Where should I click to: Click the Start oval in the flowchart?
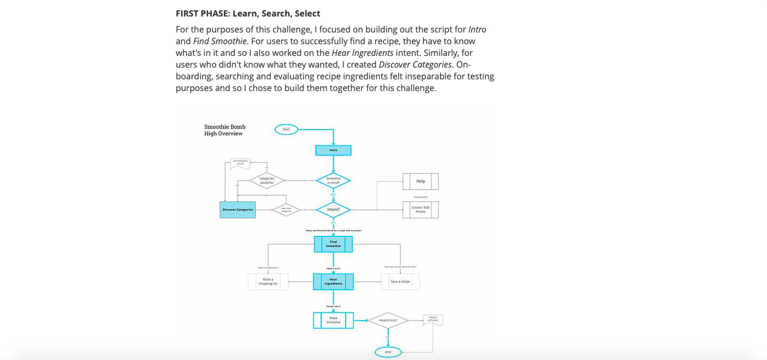[x=286, y=129]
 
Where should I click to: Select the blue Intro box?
[x=333, y=150]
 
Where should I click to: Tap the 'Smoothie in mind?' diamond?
[x=333, y=181]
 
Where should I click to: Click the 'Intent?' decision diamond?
[x=333, y=210]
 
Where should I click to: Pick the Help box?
[x=421, y=181]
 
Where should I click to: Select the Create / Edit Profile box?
[x=421, y=210]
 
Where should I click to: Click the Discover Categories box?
[x=238, y=210]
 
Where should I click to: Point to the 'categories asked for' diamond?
[x=267, y=181]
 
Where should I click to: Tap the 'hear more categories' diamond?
[x=286, y=210]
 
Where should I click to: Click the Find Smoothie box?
[x=333, y=244]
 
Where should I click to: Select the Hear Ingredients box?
[x=333, y=282]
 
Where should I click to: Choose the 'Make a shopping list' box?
[x=268, y=282]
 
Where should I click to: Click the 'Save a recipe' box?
[x=400, y=282]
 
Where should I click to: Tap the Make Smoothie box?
[x=333, y=320]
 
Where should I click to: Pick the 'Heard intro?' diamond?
[x=388, y=321]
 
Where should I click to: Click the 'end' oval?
[x=388, y=352]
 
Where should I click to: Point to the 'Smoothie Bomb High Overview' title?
[x=225, y=130]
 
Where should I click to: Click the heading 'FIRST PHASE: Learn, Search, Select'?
[x=248, y=13]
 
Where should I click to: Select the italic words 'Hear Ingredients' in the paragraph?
[x=362, y=53]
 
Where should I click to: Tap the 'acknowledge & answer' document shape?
[x=240, y=163]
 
